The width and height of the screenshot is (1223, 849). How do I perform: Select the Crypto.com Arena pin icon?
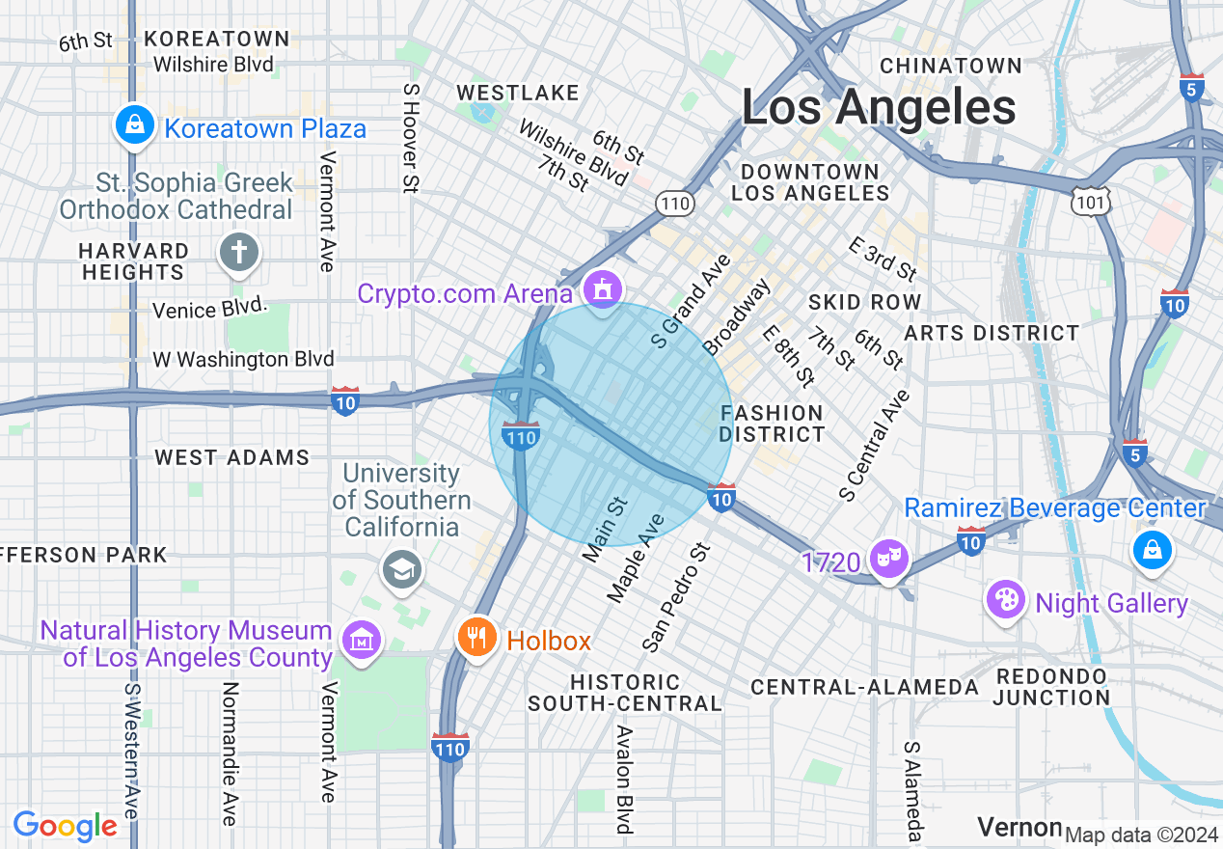(603, 288)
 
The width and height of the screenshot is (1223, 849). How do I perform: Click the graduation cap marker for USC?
(398, 568)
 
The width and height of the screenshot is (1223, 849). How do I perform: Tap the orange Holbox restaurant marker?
(476, 637)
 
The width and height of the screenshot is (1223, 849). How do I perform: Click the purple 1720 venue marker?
(888, 559)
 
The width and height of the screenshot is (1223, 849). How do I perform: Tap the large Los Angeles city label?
(879, 107)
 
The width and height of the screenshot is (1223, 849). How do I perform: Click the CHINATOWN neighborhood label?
(950, 66)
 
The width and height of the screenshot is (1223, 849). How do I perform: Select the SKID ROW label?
(864, 302)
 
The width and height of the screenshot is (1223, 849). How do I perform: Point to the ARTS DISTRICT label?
(992, 333)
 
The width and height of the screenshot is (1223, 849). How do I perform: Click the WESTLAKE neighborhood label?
(517, 93)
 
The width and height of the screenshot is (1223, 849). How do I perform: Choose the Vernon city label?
(1019, 827)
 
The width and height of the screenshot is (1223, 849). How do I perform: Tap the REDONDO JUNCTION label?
(1052, 686)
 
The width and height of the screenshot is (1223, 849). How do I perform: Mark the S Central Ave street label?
(875, 446)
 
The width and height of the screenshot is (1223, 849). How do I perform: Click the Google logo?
(66, 826)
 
